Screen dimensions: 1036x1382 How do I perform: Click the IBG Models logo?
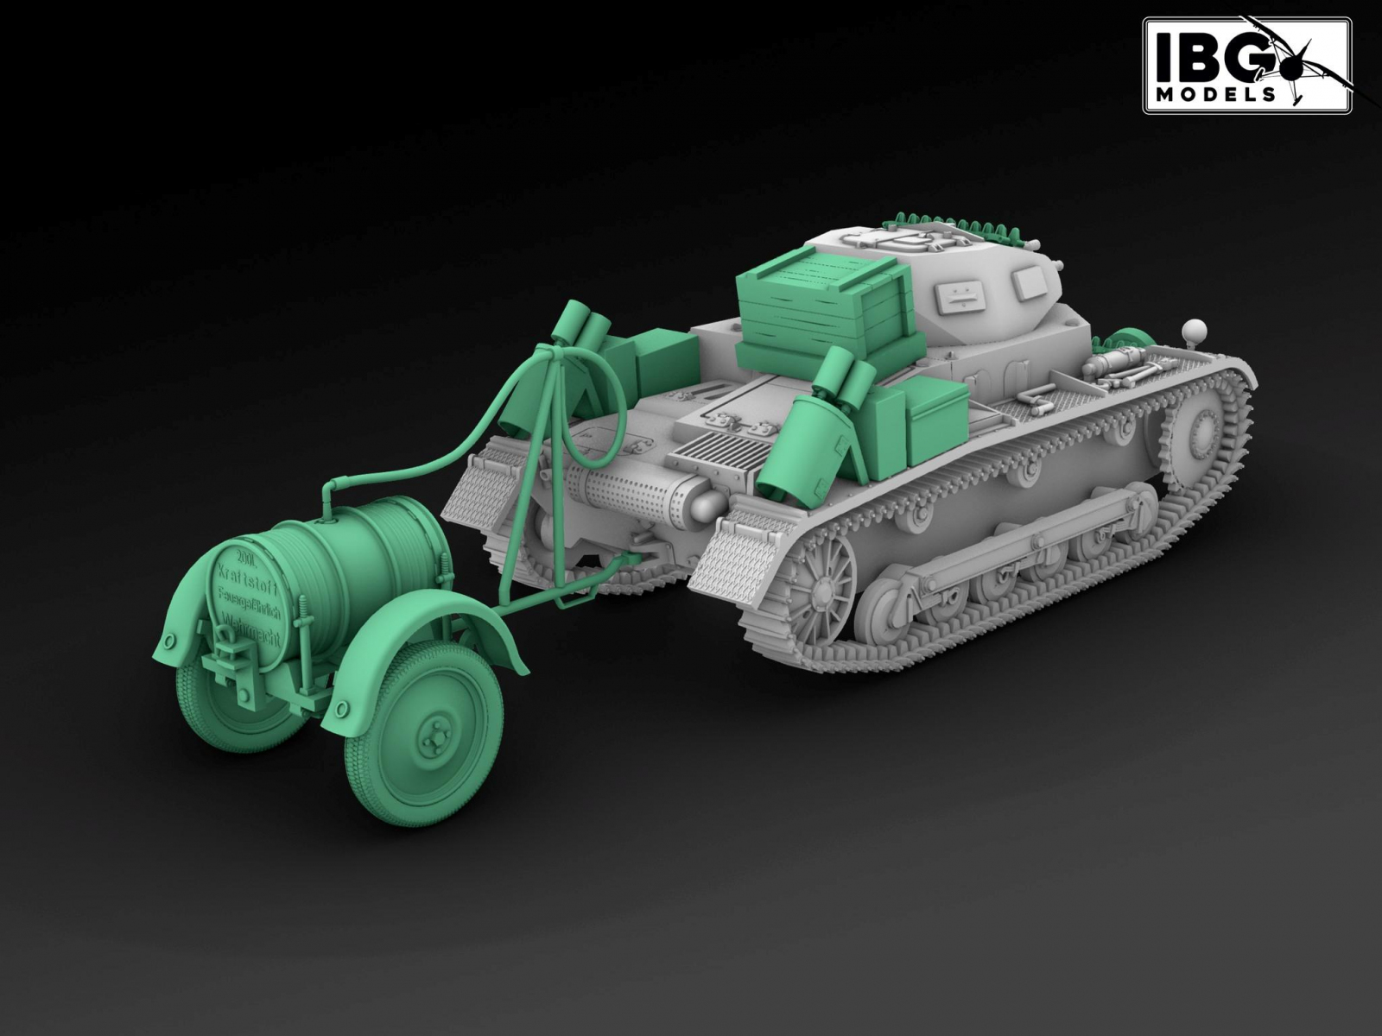[x=1246, y=65]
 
